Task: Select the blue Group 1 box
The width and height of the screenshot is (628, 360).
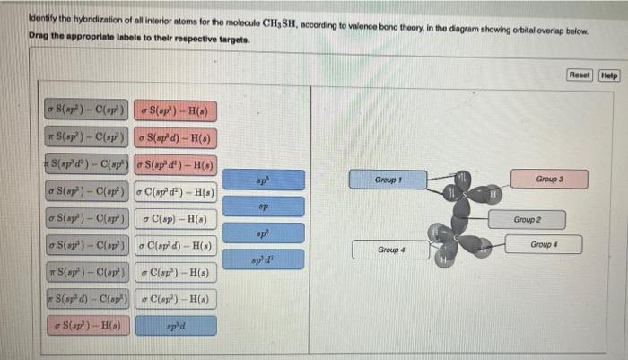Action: tap(387, 180)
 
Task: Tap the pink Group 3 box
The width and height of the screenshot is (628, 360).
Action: tap(548, 180)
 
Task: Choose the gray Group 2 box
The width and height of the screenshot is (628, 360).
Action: tap(527, 219)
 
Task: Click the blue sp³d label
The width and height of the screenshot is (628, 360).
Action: tap(178, 324)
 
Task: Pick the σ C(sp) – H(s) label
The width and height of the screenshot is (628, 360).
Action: tap(178, 219)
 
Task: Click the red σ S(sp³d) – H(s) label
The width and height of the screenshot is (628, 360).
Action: tap(177, 138)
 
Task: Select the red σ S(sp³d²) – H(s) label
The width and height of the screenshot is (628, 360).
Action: tap(177, 165)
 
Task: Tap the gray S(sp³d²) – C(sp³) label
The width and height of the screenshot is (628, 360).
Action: tap(86, 165)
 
